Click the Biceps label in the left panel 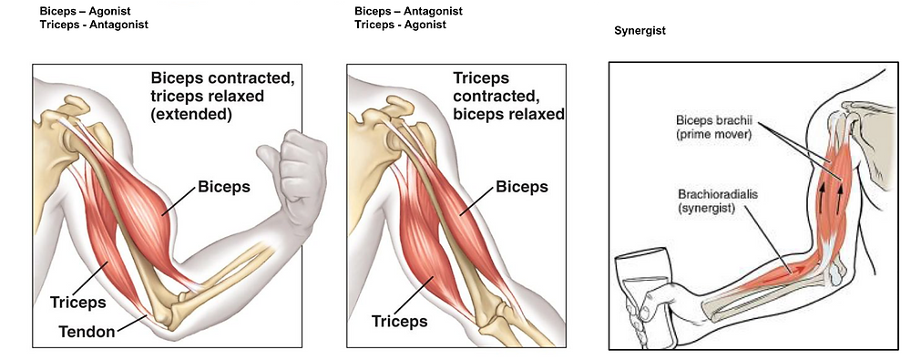coord(224,187)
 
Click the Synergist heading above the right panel coord(640,30)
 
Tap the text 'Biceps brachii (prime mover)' coord(713,128)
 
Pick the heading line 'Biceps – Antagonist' coord(408,11)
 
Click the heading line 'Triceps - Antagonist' coord(94,25)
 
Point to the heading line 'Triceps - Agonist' coord(400,25)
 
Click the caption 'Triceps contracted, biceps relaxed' coord(508,97)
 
